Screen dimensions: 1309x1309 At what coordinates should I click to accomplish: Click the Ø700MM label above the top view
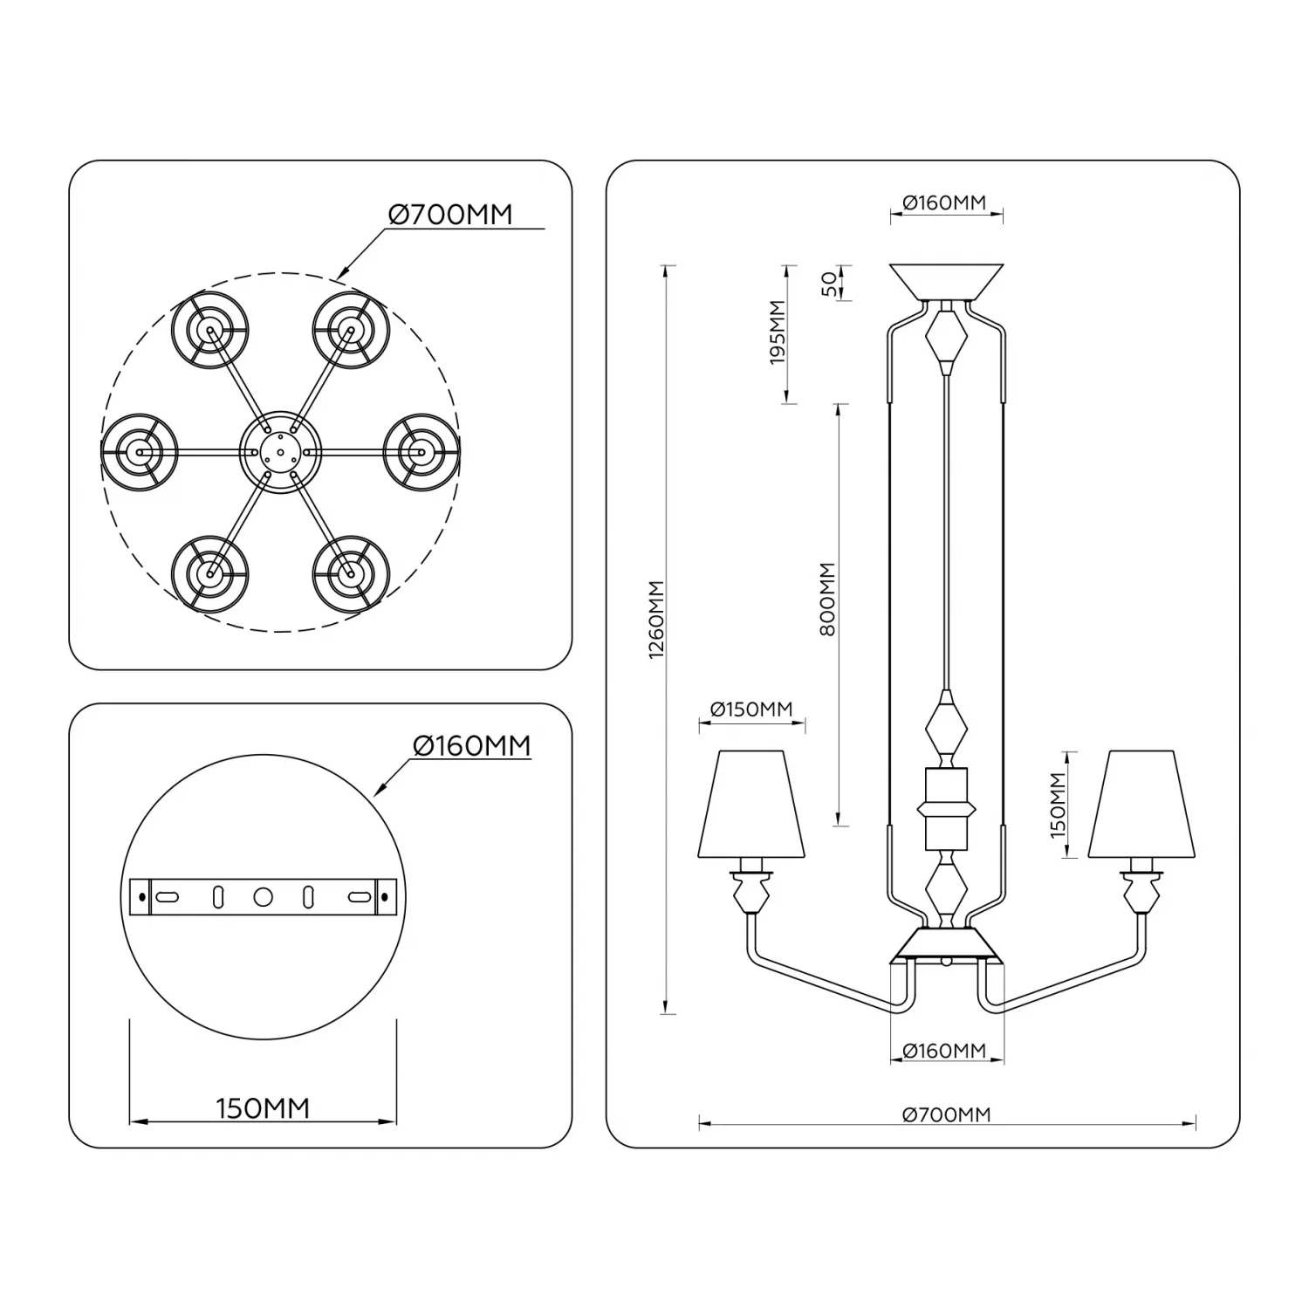pyautogui.click(x=450, y=214)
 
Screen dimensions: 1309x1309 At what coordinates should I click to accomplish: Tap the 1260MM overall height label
pyautogui.click(x=658, y=620)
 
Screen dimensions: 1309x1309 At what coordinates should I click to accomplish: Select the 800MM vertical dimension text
pyautogui.click(x=828, y=599)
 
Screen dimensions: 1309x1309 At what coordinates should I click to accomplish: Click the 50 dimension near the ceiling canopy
pyautogui.click(x=828, y=283)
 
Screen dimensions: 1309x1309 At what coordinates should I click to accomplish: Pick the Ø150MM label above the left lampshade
pyautogui.click(x=751, y=709)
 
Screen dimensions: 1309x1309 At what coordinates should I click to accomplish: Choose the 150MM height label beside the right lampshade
pyautogui.click(x=1058, y=805)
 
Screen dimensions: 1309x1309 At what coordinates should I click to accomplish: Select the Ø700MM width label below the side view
pyautogui.click(x=947, y=1114)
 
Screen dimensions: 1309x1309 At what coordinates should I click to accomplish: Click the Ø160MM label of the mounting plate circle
pyautogui.click(x=471, y=746)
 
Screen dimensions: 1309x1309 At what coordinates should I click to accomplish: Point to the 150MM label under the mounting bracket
pyautogui.click(x=263, y=1108)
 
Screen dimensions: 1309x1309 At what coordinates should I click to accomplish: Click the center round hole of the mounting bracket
pyautogui.click(x=263, y=897)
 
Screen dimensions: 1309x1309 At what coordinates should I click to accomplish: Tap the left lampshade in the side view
pyautogui.click(x=750, y=803)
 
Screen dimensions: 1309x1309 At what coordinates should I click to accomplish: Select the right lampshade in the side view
pyautogui.click(x=1141, y=803)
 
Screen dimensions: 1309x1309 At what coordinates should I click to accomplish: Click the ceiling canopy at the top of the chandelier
pyautogui.click(x=946, y=281)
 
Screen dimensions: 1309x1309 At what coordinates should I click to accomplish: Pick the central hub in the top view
pyautogui.click(x=280, y=452)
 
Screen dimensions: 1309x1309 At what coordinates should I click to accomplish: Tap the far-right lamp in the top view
pyautogui.click(x=421, y=452)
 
